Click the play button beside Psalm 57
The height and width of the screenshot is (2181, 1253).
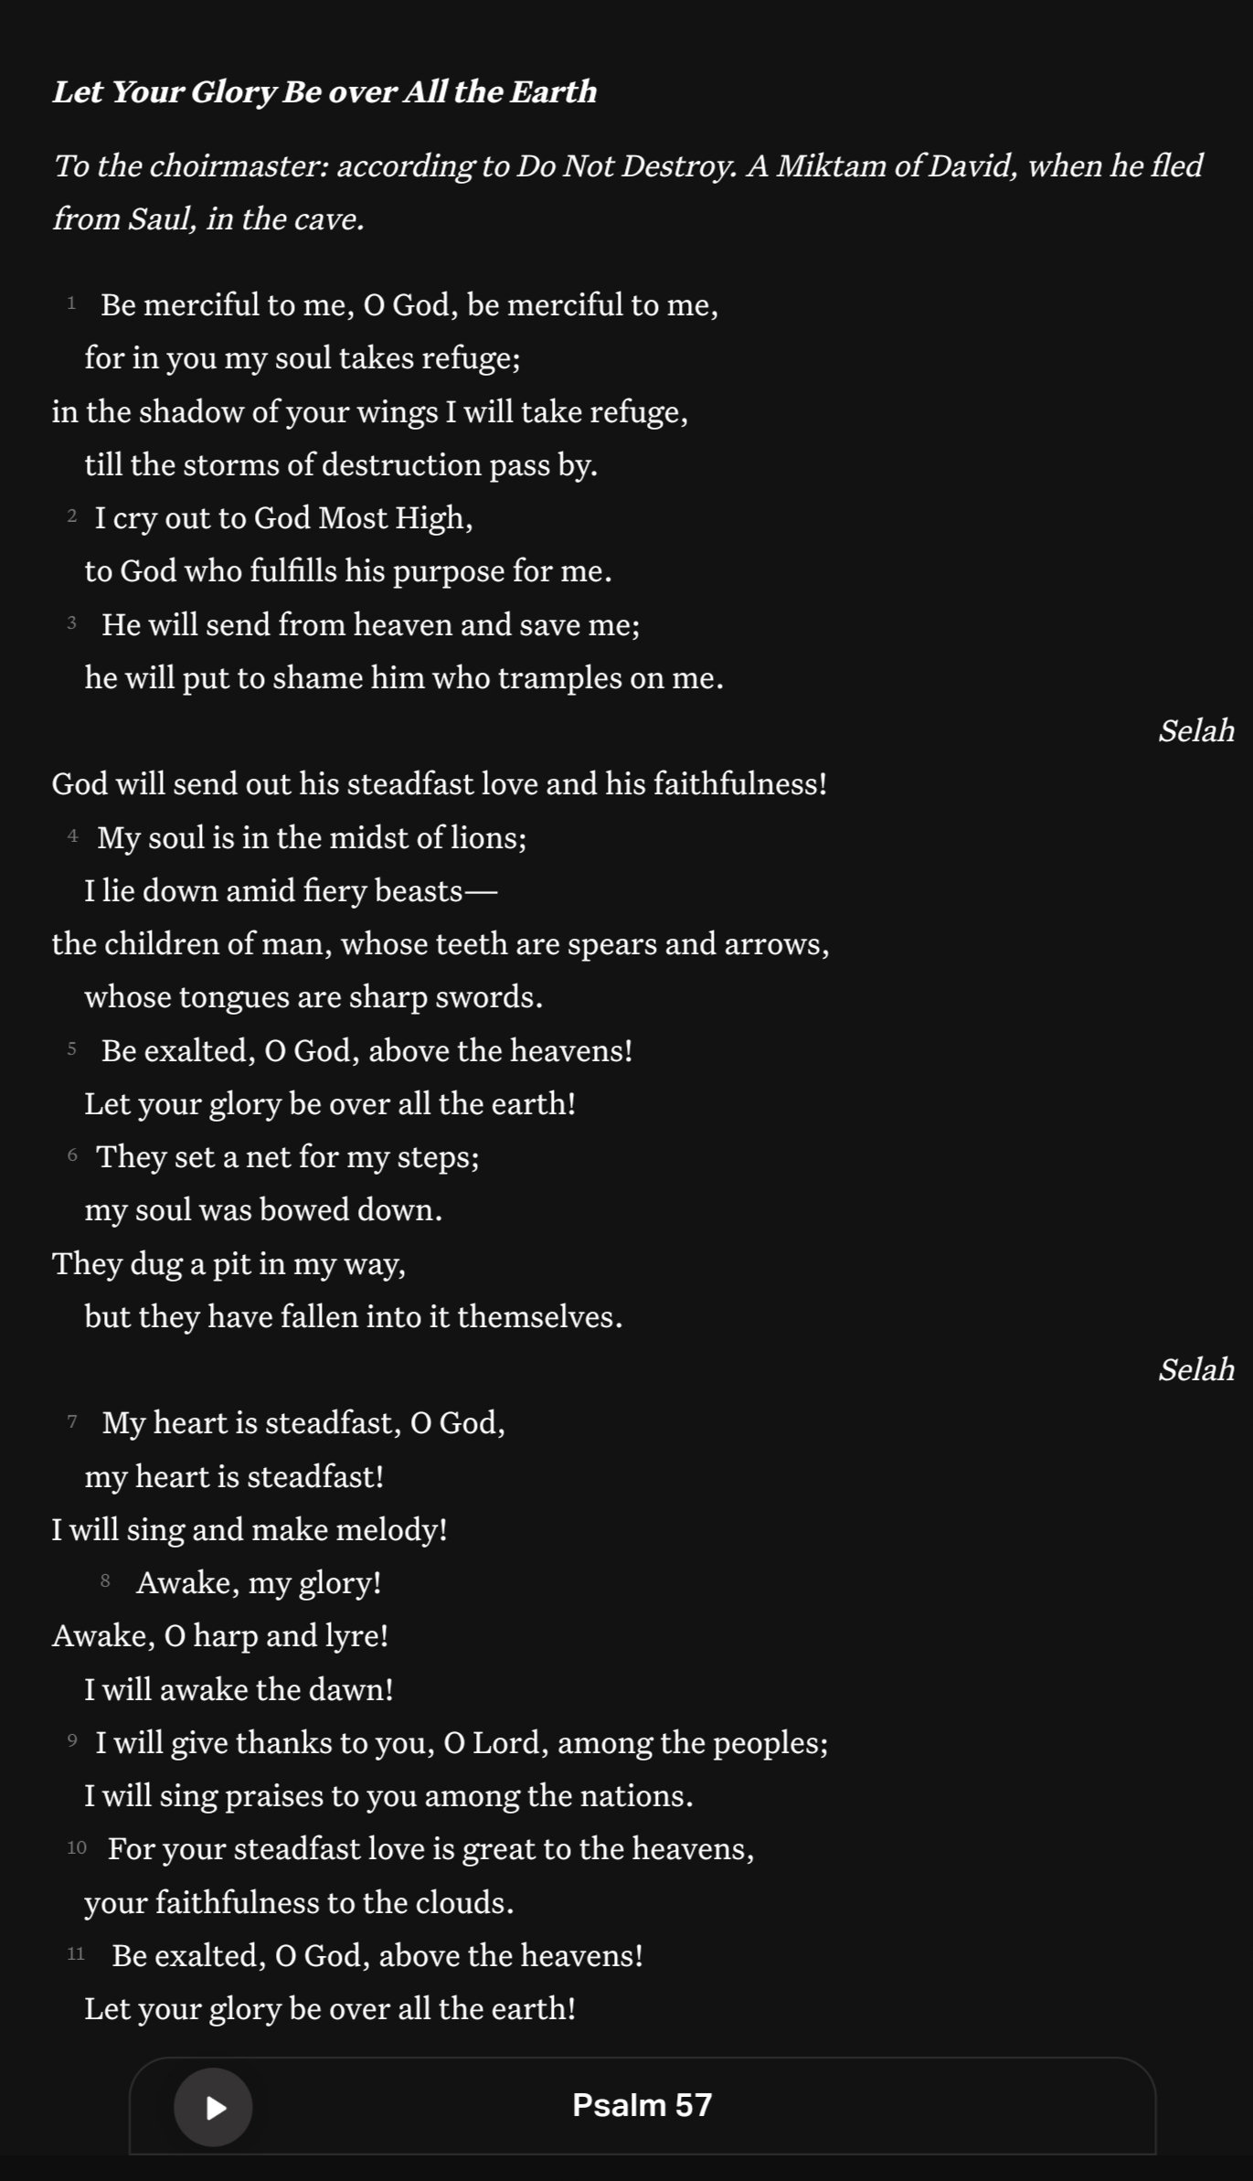(x=213, y=2107)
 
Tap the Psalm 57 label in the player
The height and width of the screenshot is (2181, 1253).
(x=642, y=2105)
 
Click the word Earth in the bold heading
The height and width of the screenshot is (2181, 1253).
(x=553, y=92)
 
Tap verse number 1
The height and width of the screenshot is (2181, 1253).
(x=71, y=303)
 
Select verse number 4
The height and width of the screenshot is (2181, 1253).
(x=72, y=835)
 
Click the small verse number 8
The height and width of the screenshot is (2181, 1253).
(x=105, y=1580)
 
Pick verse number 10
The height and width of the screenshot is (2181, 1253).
(x=77, y=1847)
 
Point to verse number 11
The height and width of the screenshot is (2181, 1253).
(x=76, y=1953)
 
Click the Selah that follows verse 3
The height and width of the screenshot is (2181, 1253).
(x=1195, y=731)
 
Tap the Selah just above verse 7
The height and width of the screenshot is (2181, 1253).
(x=1195, y=1370)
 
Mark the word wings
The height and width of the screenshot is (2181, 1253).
(x=397, y=413)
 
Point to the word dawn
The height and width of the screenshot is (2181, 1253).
(x=351, y=1690)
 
